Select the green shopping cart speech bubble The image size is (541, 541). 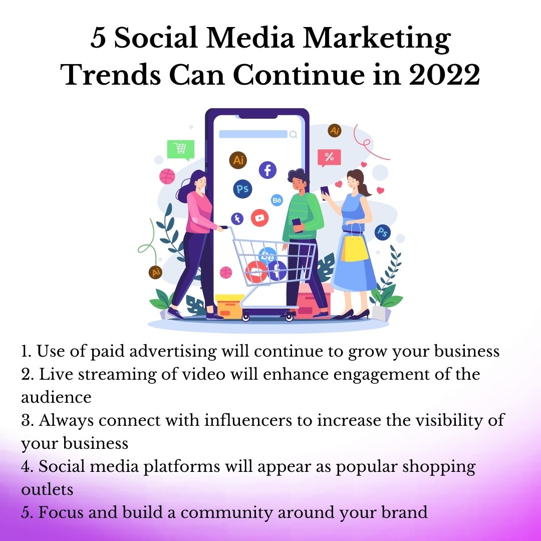coord(181,150)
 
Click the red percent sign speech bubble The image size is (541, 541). coord(329,158)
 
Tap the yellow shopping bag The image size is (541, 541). coord(354,248)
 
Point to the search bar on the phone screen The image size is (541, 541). coord(253,134)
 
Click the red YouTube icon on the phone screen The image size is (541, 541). coord(259,218)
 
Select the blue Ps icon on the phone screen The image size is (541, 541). coord(242,189)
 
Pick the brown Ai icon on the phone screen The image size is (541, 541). coord(238,160)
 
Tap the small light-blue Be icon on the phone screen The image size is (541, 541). coord(277,200)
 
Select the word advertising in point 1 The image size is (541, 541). coord(173,352)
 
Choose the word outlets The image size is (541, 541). coord(47,489)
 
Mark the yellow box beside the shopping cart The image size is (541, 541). coord(229,306)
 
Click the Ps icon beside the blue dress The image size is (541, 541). coord(383,232)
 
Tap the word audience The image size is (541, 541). coord(56,397)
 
